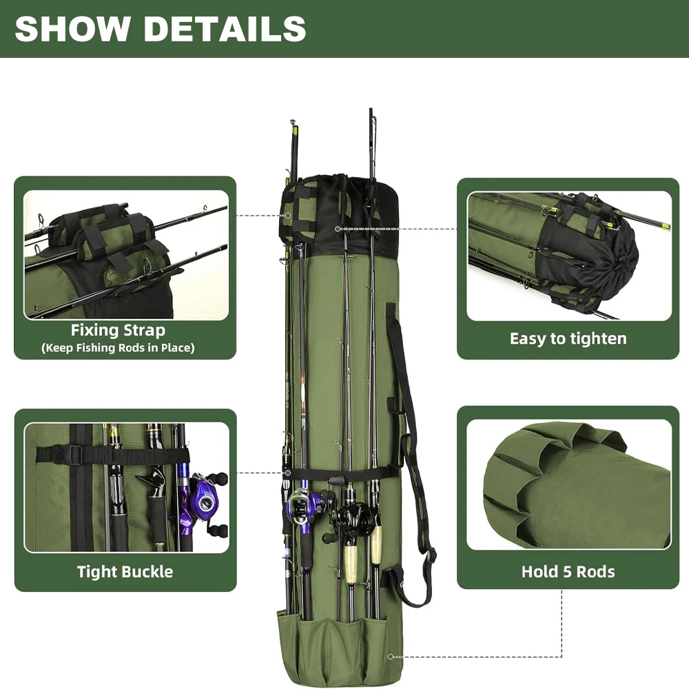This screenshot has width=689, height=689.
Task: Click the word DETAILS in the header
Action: click(x=221, y=28)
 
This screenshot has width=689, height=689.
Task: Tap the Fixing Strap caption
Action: click(x=118, y=331)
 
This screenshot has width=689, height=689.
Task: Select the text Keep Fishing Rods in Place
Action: click(x=118, y=348)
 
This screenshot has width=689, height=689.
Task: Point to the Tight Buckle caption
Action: click(x=125, y=571)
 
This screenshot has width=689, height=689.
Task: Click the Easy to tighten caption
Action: click(x=568, y=338)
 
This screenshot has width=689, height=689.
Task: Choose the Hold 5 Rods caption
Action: click(x=568, y=571)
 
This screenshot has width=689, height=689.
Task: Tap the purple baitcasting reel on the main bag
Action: click(x=304, y=506)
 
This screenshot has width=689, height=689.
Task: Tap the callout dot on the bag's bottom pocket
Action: click(x=391, y=656)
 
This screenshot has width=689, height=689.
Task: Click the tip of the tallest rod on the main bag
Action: click(x=371, y=110)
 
